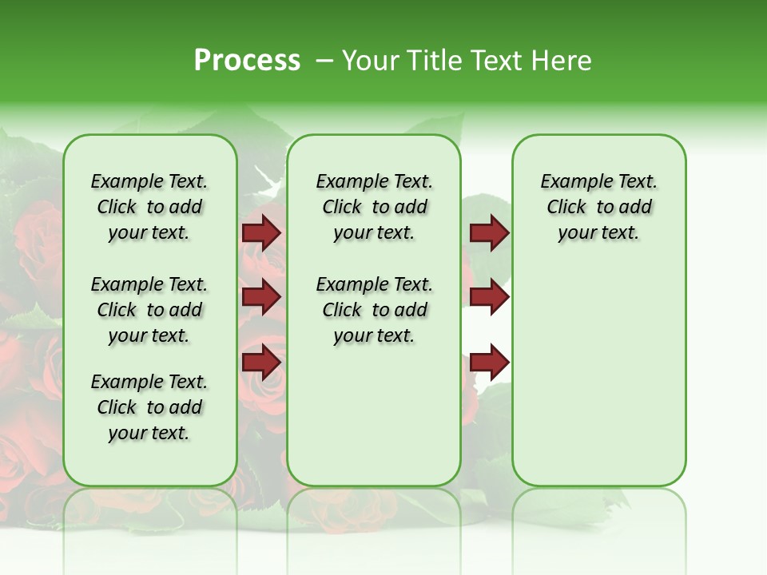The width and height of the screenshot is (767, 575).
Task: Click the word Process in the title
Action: (247, 61)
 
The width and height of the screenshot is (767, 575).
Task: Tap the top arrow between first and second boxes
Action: (261, 233)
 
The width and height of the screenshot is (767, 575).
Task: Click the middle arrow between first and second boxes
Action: (261, 297)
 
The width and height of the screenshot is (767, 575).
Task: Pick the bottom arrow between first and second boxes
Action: (261, 361)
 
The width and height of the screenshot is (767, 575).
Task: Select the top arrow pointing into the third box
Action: (489, 233)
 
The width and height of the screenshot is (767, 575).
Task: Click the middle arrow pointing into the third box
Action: (489, 297)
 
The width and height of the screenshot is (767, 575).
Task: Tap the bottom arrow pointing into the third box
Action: (489, 362)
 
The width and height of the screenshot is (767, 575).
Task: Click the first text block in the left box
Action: (149, 207)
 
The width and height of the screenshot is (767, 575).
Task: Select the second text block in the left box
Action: (149, 310)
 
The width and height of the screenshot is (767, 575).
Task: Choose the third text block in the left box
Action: (149, 407)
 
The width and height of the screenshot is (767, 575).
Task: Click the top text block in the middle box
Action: (374, 207)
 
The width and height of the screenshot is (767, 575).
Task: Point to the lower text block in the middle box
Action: (374, 310)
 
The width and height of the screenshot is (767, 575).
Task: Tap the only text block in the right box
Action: (598, 207)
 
